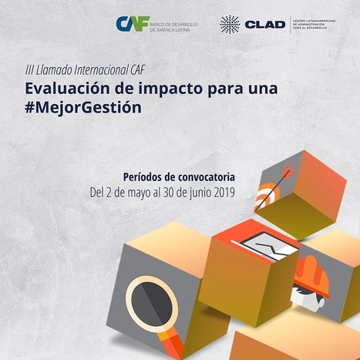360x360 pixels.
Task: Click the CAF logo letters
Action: click(133, 24)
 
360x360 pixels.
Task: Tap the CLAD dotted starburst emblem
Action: click(230, 25)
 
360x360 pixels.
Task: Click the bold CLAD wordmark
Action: click(265, 25)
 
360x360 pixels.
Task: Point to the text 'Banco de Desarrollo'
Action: click(174, 25)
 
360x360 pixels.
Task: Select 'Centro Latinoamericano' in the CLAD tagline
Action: click(314, 21)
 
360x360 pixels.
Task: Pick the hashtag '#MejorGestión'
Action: click(83, 107)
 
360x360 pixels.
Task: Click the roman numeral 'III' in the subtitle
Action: click(29, 70)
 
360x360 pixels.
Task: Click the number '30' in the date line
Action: click(168, 193)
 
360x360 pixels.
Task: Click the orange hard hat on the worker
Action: click(312, 277)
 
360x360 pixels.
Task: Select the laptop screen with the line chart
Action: click(270, 246)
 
